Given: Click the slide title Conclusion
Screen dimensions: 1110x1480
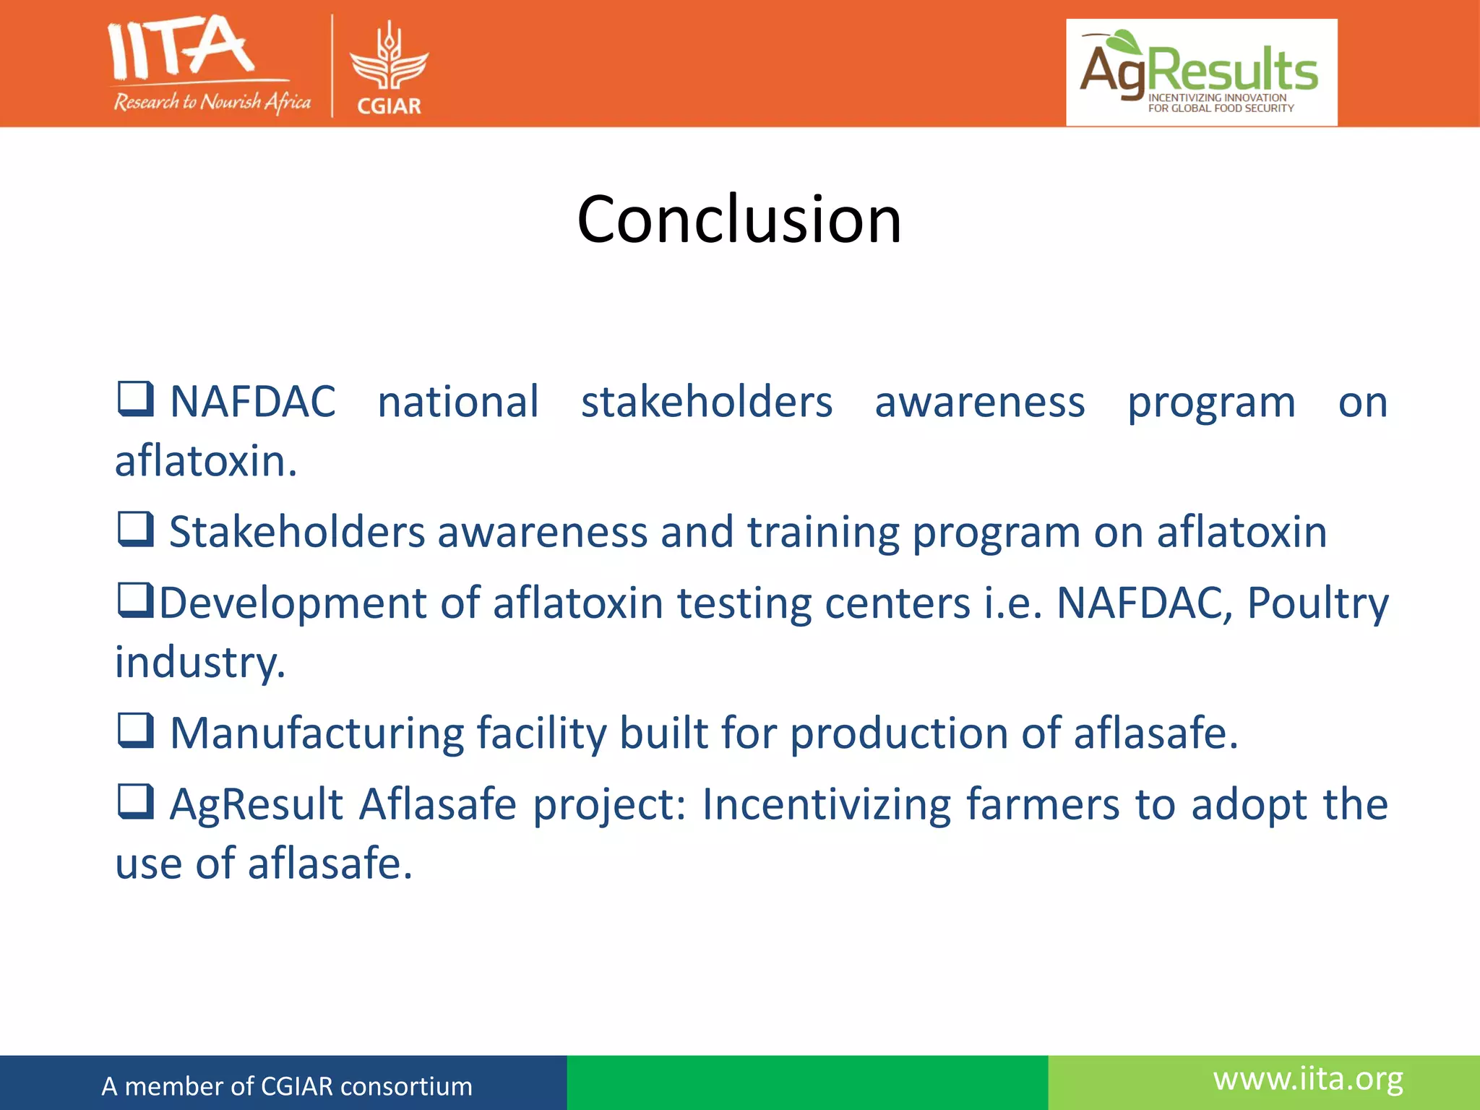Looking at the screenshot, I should (x=739, y=220).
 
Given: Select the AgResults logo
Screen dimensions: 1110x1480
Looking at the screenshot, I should (x=1201, y=72).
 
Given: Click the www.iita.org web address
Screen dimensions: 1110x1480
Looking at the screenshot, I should (x=1308, y=1079).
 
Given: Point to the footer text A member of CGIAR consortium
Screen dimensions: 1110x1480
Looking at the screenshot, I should (x=287, y=1086).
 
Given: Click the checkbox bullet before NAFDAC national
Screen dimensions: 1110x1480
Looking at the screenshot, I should (x=135, y=399).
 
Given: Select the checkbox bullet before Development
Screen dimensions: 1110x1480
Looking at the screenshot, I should (x=135, y=601).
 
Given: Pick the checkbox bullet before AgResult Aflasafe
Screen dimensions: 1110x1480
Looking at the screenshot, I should (x=135, y=801).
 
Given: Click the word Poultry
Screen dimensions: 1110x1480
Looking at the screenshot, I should (x=1317, y=603).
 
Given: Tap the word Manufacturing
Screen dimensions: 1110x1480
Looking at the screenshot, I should (x=317, y=733).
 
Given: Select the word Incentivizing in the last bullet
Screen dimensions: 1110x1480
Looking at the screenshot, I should (x=826, y=805).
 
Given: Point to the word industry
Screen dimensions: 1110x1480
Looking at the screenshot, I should (x=200, y=662).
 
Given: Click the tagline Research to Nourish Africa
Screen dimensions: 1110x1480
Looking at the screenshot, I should (x=212, y=102).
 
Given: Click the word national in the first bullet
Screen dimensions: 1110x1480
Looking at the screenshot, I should (x=458, y=402).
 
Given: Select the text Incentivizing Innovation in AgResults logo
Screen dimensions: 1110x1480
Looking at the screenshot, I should (x=1217, y=98).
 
